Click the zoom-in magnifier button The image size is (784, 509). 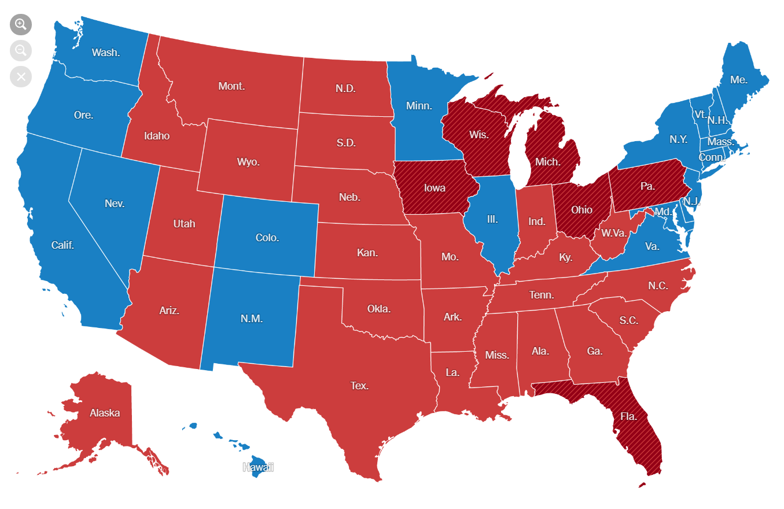point(21,24)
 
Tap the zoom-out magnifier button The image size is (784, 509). point(21,50)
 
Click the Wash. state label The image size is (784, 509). point(106,53)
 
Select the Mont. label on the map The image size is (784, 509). point(231,86)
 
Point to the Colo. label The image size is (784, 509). point(267,237)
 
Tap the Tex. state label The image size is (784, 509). point(359,385)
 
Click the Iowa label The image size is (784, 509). point(434,188)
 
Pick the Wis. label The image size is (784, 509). point(479,135)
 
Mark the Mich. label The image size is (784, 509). point(547,161)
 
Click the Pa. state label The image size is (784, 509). point(648,186)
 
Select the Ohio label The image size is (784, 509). point(581,210)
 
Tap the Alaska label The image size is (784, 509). point(105,412)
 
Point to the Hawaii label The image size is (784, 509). point(258,467)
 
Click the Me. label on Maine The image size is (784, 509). point(739,80)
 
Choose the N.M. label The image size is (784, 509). point(252,318)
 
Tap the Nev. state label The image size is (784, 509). point(115,203)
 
